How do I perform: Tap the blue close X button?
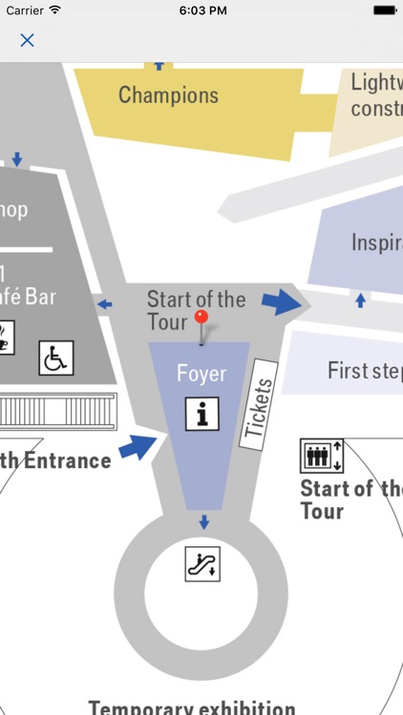(x=27, y=40)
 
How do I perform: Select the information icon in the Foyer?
(x=201, y=413)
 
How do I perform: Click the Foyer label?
(x=201, y=374)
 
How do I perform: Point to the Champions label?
(x=168, y=95)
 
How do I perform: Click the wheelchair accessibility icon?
(x=55, y=357)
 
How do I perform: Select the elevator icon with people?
(x=315, y=456)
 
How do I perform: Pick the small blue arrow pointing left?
(x=104, y=305)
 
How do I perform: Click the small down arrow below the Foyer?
(x=202, y=521)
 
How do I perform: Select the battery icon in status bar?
(x=384, y=10)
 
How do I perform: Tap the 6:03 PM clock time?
(x=201, y=10)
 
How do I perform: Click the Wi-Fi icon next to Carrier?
(x=54, y=10)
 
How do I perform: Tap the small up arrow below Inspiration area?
(x=360, y=300)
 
